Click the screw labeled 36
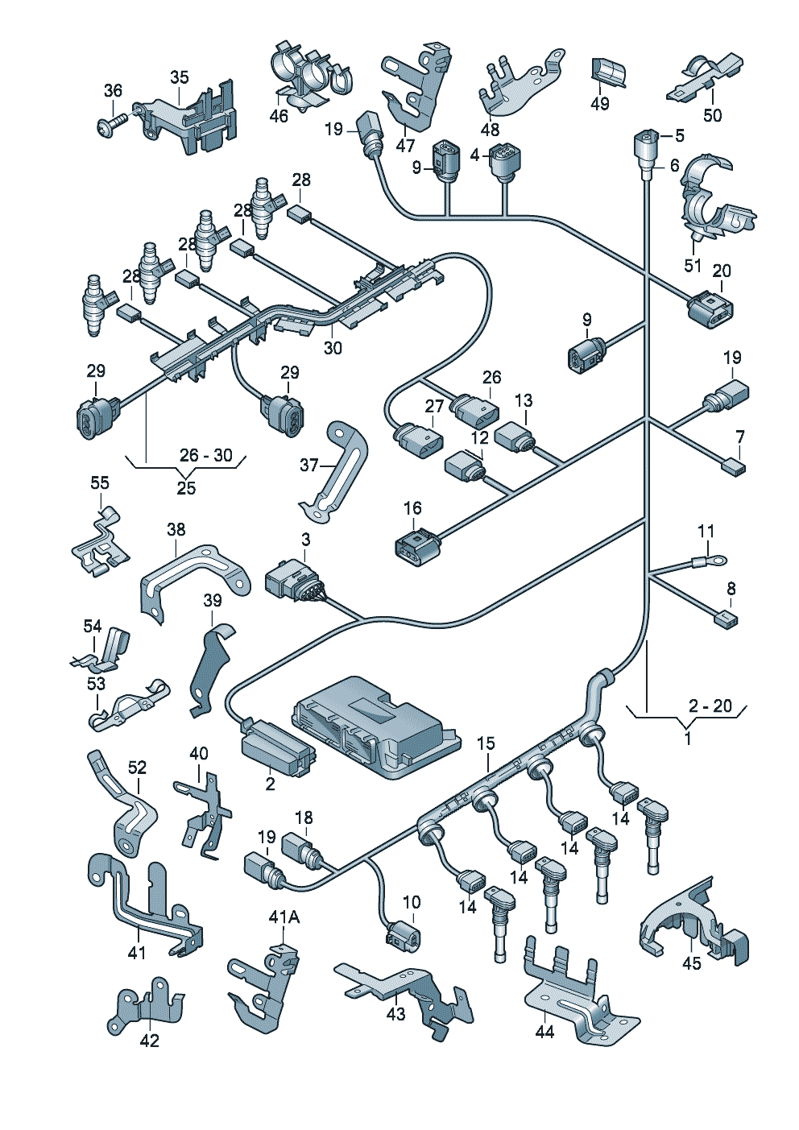pyautogui.click(x=113, y=124)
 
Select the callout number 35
pyautogui.click(x=180, y=77)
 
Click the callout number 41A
pyautogui.click(x=284, y=917)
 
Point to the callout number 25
pyautogui.click(x=186, y=488)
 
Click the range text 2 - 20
pyautogui.click(x=710, y=706)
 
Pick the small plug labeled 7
pyautogui.click(x=733, y=466)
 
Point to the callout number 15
pyautogui.click(x=485, y=743)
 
